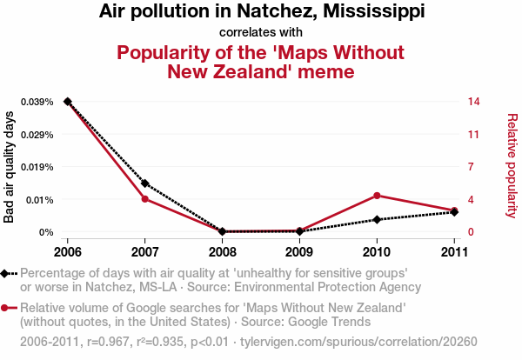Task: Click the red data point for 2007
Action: click(144, 199)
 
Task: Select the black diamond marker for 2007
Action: click(144, 183)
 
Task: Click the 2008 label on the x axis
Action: click(222, 252)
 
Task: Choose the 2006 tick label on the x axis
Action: click(68, 252)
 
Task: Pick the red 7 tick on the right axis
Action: click(470, 167)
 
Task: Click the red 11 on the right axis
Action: click(472, 135)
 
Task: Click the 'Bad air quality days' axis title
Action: click(10, 167)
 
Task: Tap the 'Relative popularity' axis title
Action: click(511, 166)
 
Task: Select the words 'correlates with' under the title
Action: click(260, 33)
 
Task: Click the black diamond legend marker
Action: click(6, 273)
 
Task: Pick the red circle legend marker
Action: click(6, 308)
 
